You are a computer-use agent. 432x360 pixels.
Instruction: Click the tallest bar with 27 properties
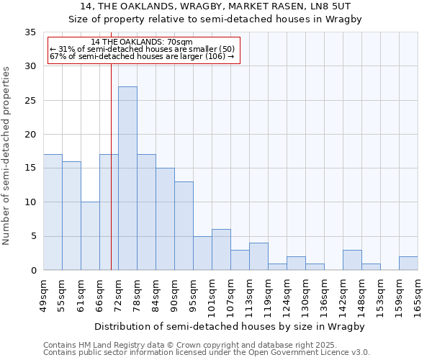pos(127,179)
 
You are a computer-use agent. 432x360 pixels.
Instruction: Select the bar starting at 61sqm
pos(90,236)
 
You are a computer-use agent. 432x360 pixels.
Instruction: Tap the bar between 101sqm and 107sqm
pos(221,250)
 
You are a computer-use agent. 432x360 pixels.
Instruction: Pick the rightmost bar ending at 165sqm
pos(408,264)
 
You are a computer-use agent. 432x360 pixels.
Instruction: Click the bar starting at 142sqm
pos(352,260)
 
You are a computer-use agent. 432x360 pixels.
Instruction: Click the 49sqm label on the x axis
pos(43,293)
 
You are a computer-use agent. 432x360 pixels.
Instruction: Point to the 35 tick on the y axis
pos(30,32)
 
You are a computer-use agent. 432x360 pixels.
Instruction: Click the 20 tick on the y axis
pos(30,135)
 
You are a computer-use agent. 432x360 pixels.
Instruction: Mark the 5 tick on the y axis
pos(33,237)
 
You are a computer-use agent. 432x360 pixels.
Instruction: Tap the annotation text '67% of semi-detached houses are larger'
pos(141,57)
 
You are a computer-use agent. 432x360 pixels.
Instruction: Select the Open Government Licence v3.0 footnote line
pos(206,353)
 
